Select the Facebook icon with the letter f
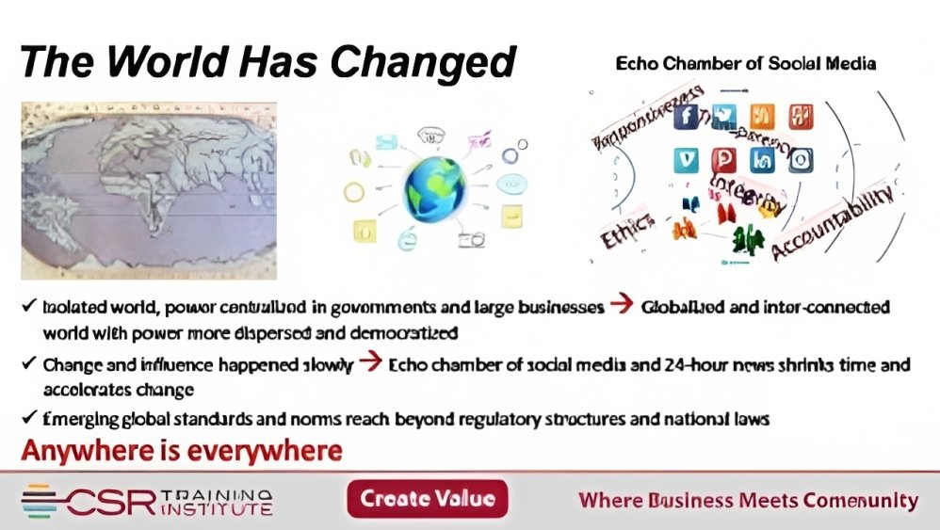tap(686, 117)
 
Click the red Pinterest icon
tap(723, 159)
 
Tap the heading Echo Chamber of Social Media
tap(745, 64)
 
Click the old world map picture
tap(148, 178)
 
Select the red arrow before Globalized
tap(621, 307)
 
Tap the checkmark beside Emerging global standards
tap(29, 419)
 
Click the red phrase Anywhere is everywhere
tap(181, 452)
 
